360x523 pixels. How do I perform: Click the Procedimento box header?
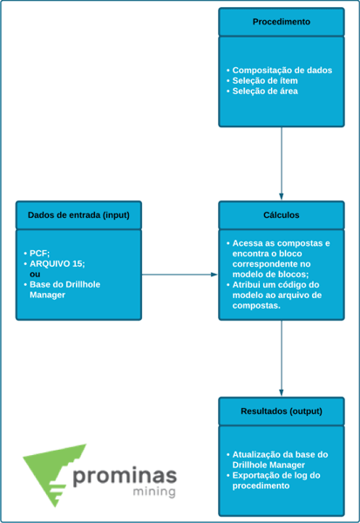coord(282,22)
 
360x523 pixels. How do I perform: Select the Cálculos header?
coord(282,215)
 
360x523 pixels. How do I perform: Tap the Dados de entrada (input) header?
coord(78,215)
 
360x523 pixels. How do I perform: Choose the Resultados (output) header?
coord(282,411)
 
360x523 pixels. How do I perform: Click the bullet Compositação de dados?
coord(279,71)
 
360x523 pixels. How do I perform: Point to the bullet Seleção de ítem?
coord(262,81)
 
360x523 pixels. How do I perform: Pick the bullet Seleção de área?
coord(262,91)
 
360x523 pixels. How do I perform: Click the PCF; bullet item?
coord(37,254)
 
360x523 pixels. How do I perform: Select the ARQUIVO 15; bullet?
coord(54,264)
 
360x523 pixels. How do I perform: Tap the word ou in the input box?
coord(35,275)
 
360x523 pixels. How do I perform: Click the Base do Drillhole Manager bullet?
coord(62,289)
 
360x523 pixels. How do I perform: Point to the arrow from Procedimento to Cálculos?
coord(282,164)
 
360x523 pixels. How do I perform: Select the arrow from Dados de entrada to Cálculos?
coord(180,275)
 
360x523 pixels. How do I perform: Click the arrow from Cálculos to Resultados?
coord(282,358)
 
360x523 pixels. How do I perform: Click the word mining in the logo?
coord(154,492)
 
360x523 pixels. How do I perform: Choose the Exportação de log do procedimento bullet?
coord(273,480)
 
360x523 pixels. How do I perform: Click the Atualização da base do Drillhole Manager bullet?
coord(277,459)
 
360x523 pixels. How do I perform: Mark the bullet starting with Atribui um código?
coord(274,295)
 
